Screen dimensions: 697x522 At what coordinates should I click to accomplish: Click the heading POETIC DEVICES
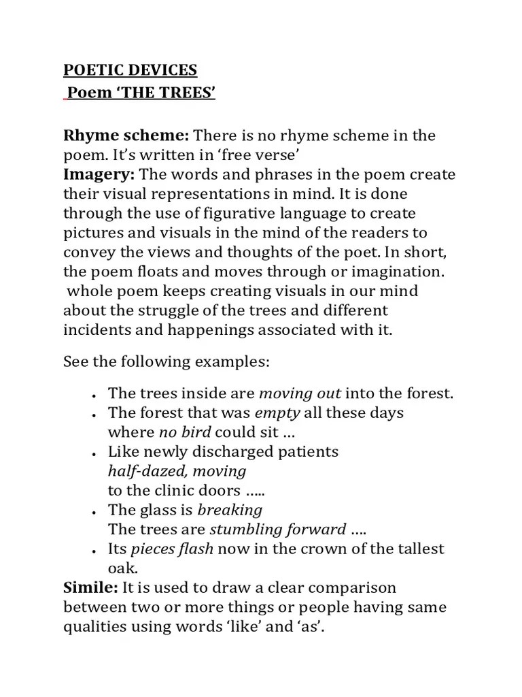point(130,70)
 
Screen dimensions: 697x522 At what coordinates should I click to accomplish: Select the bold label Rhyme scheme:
point(126,135)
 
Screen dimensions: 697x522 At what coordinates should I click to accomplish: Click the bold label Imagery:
point(99,175)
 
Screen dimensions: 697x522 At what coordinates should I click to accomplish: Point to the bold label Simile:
point(91,587)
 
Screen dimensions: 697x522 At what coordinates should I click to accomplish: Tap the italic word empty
point(277,413)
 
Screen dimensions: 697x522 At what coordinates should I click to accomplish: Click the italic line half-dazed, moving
point(177,471)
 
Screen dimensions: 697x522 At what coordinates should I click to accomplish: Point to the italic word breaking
point(229,510)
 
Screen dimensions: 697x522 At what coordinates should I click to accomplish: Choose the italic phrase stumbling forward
point(277,530)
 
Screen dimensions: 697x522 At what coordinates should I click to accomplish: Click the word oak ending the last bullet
point(122,568)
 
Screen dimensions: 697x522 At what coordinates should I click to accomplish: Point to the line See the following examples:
point(167,361)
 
